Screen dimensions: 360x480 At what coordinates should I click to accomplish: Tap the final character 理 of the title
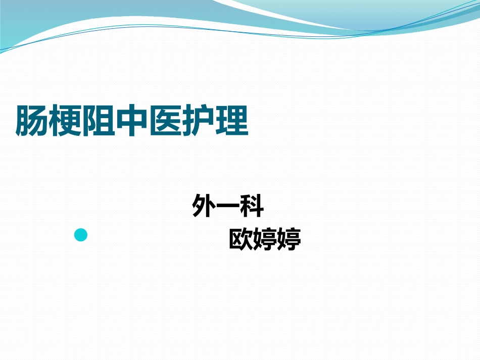point(232,121)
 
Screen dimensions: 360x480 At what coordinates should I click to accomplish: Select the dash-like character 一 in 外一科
point(228,207)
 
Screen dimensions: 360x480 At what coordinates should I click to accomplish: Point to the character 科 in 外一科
point(252,207)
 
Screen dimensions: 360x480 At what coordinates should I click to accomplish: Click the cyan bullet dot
point(81,235)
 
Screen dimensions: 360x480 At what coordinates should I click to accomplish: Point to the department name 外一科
point(228,207)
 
